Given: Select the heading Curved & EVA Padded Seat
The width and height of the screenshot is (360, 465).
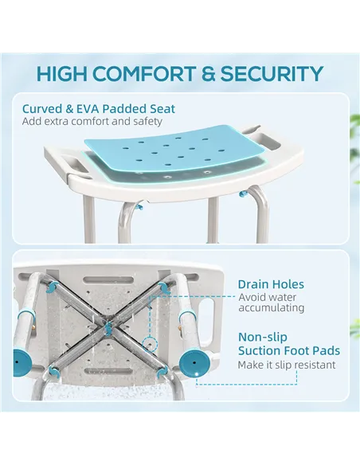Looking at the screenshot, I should coord(99,108).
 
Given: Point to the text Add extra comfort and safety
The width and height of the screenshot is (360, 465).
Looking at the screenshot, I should coord(92,122).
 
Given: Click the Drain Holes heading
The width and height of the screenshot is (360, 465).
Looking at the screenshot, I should coord(271,284).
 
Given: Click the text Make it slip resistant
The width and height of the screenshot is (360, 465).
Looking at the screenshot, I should coord(286,365).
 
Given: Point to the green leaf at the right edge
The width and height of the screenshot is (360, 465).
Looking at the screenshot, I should coord(354,127).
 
